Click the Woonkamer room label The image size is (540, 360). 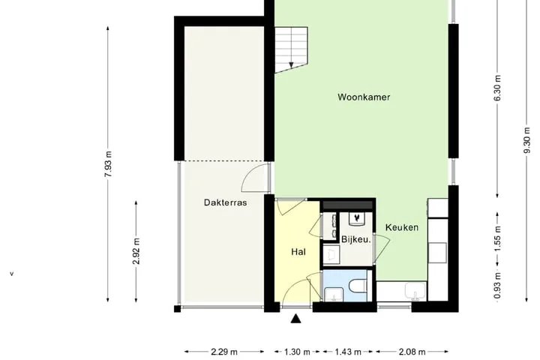tap(364, 97)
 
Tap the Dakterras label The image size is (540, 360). tap(225, 202)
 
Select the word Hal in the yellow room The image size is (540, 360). tap(298, 252)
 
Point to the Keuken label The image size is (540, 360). tap(402, 227)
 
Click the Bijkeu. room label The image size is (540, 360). tap(356, 239)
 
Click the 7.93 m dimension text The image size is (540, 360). tap(108, 164)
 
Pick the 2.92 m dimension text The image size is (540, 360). tap(136, 251)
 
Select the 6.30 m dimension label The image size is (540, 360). tap(497, 88)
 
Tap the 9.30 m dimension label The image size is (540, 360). tap(526, 140)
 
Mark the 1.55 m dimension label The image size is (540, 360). tap(497, 238)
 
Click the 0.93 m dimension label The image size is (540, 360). tap(497, 286)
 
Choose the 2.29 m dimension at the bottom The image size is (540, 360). tap(224, 352)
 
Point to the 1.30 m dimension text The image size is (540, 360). tap(297, 352)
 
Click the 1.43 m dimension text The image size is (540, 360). tap(348, 352)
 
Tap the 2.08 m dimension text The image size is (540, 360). tap(412, 352)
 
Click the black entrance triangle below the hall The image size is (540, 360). tap(295, 319)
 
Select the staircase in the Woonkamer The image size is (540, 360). tap(291, 49)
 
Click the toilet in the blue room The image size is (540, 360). tap(358, 286)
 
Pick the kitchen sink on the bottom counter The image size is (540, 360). tap(415, 292)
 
